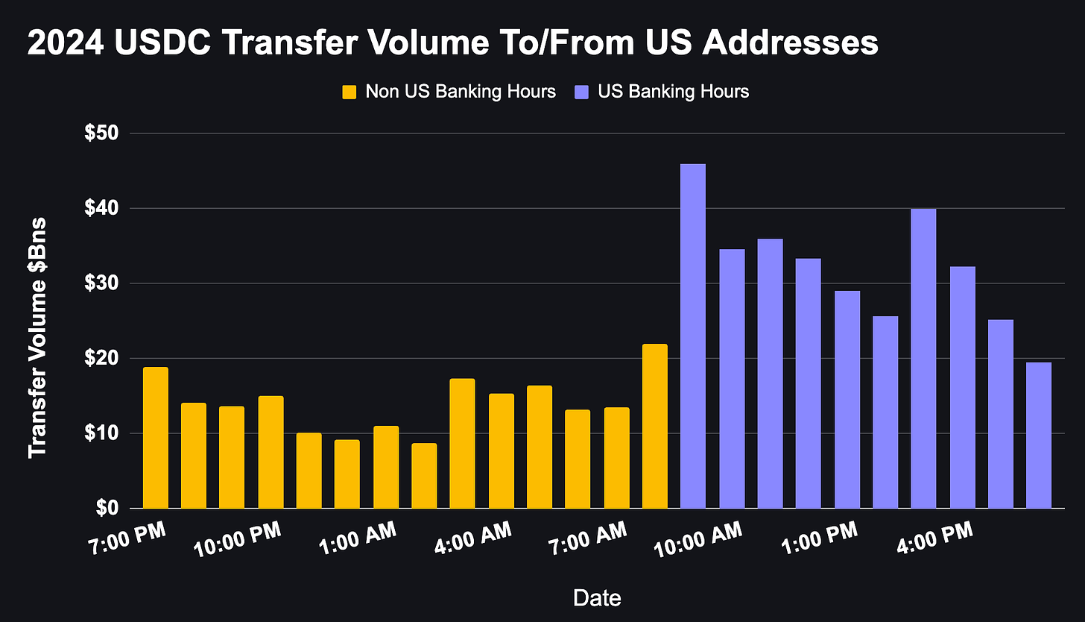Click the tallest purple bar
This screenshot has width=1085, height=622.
click(693, 336)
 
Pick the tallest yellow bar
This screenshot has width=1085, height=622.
click(654, 426)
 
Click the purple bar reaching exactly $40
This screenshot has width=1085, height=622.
click(923, 358)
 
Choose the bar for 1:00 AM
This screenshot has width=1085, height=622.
click(386, 467)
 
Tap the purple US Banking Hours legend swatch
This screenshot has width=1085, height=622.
click(582, 92)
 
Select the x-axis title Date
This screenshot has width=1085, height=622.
click(597, 597)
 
